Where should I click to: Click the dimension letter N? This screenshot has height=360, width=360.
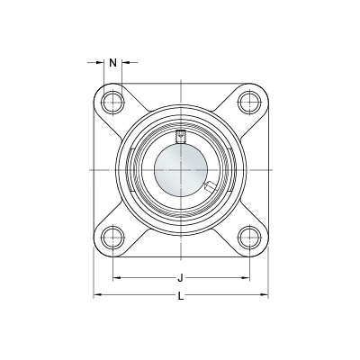(x=112, y=63)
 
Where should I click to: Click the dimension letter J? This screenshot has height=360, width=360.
(x=180, y=278)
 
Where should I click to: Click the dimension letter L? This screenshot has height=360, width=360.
(x=181, y=297)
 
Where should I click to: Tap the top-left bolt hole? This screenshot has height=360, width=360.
(x=112, y=103)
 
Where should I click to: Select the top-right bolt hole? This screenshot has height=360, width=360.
(x=249, y=103)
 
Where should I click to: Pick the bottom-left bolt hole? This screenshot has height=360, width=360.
(x=112, y=237)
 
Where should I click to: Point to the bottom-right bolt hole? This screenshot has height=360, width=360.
(x=249, y=237)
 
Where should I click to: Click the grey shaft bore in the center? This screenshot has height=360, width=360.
(x=181, y=170)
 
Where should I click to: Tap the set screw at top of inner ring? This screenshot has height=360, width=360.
(x=180, y=137)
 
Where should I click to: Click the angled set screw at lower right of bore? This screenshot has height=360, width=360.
(x=209, y=186)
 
